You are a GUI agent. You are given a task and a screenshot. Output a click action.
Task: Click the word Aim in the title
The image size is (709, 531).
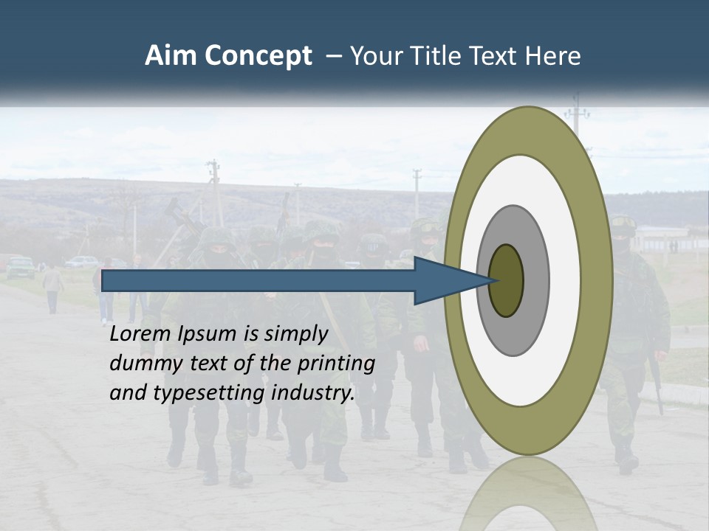pos(170,56)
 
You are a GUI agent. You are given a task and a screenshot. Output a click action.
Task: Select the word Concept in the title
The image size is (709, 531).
pos(258,56)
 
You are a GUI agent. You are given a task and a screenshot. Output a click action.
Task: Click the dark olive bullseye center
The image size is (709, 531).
pos(506,280)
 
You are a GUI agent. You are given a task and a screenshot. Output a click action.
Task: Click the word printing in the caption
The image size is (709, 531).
pos(336,364)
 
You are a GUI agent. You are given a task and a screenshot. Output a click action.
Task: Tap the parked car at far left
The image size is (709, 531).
pos(20,266)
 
